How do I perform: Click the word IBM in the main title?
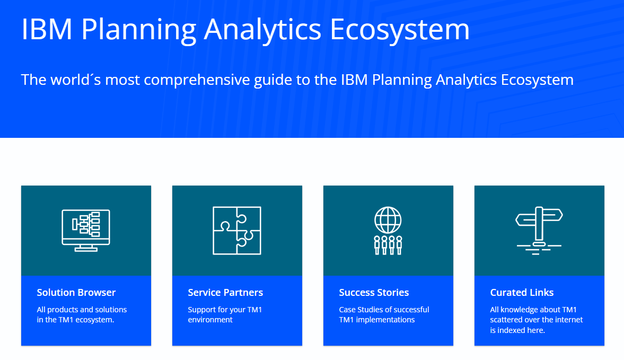[47, 30]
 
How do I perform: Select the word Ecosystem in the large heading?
[400, 30]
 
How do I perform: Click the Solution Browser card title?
[76, 293]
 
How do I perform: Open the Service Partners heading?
[225, 293]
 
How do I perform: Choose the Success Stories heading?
[374, 293]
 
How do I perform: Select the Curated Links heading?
[522, 293]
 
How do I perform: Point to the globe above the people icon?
[388, 219]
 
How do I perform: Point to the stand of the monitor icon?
[86, 248]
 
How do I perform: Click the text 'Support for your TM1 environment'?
[225, 314]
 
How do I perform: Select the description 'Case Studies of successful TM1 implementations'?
[384, 314]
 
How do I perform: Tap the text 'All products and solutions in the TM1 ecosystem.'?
[82, 314]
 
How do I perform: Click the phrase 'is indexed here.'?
[517, 330]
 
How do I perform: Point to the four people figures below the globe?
[388, 245]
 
